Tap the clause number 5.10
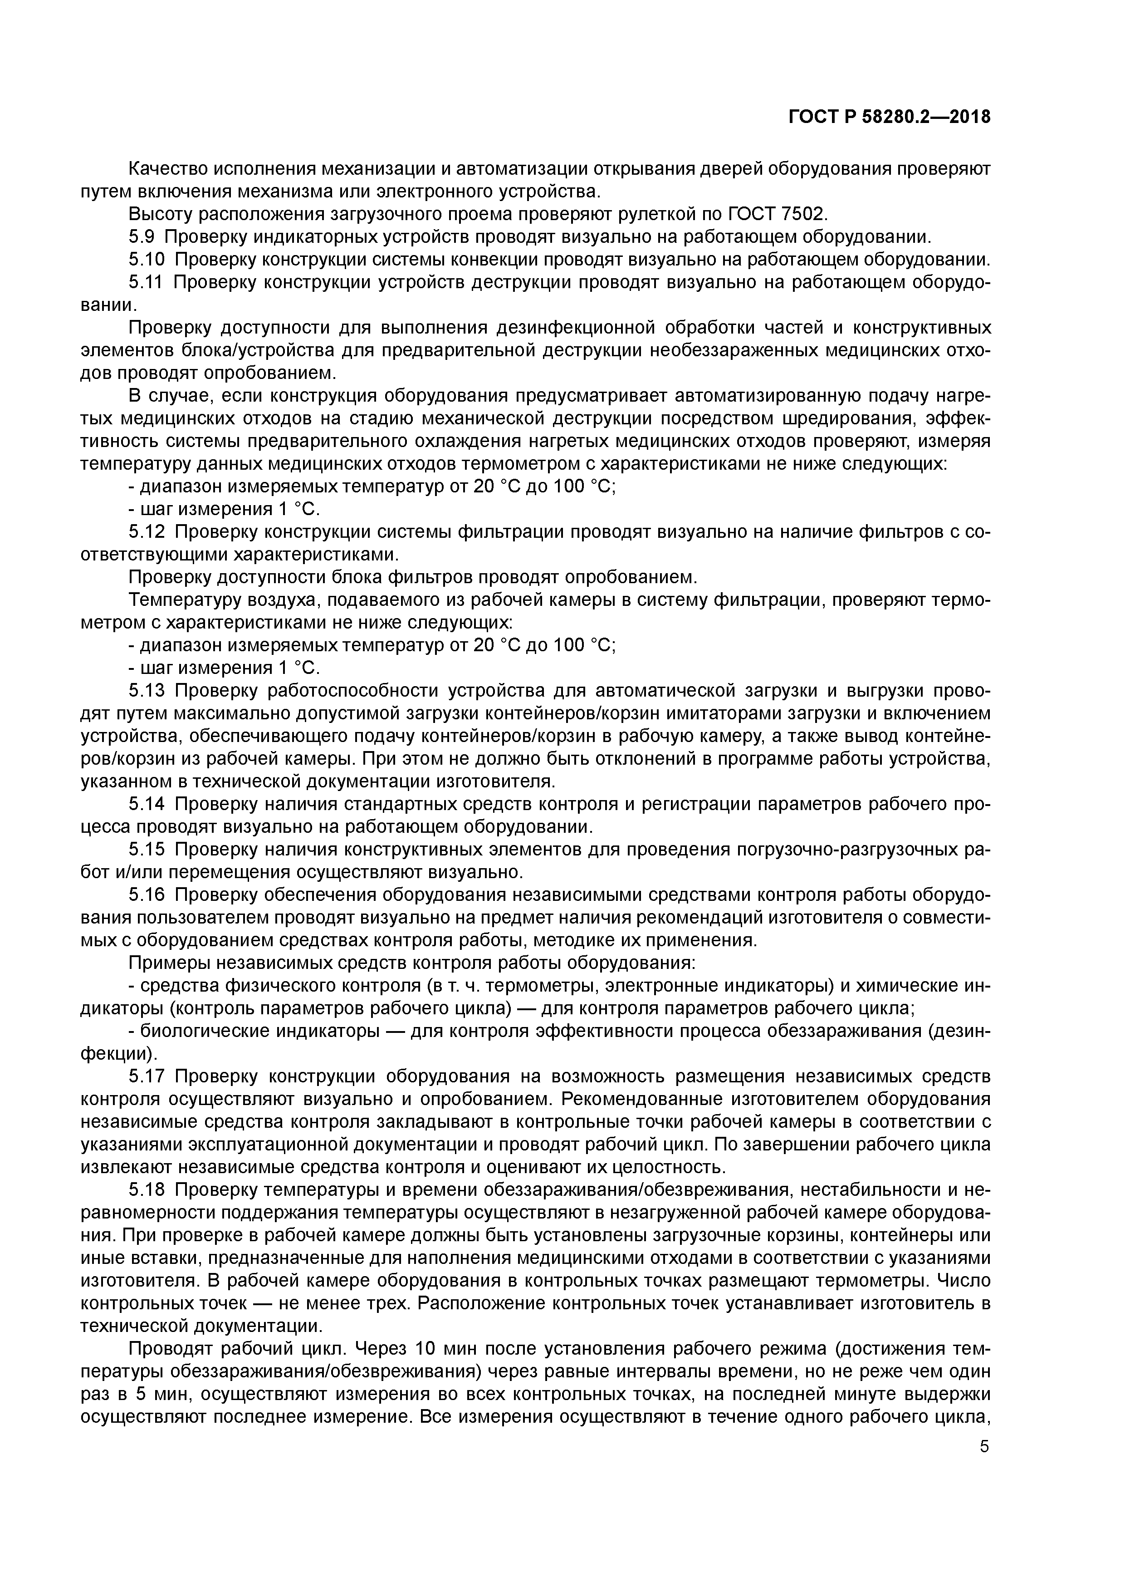pyautogui.click(x=147, y=260)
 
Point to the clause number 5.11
pyautogui.click(x=147, y=282)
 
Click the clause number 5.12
pyautogui.click(x=147, y=532)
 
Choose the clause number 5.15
pyautogui.click(x=147, y=850)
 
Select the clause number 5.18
pyautogui.click(x=147, y=1190)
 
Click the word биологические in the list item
pyautogui.click(x=205, y=1031)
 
